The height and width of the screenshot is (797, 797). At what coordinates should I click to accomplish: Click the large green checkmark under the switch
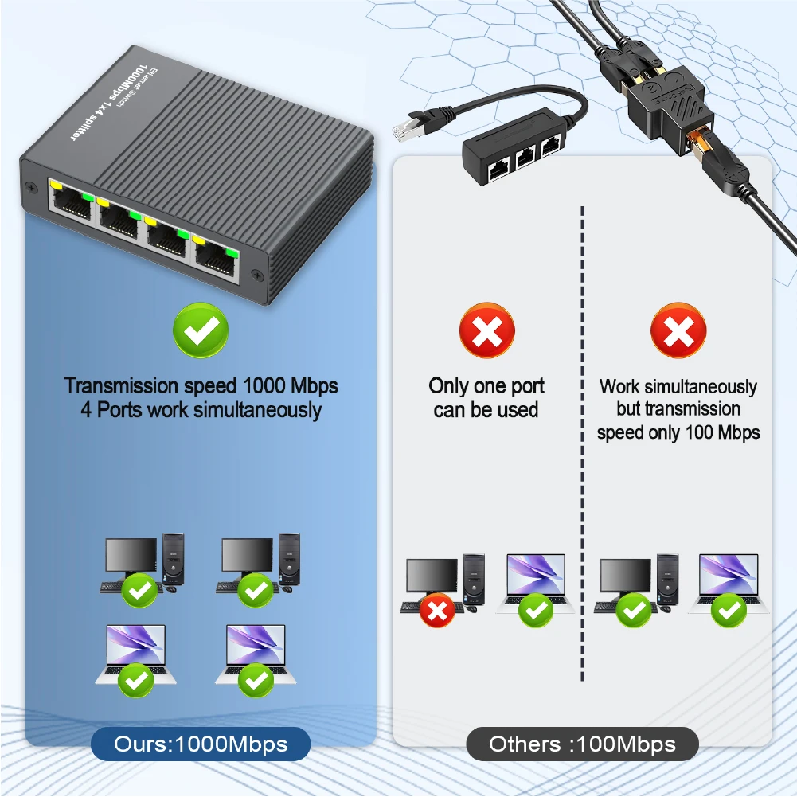[201, 330]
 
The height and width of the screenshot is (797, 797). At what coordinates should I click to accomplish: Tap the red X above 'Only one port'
[486, 330]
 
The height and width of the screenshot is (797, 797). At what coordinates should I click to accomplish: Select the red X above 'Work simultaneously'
[678, 330]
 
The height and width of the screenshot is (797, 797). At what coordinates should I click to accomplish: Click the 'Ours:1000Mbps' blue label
[200, 745]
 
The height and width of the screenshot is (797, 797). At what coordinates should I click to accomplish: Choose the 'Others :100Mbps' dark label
[582, 745]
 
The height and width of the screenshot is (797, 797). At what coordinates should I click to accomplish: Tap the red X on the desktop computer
[436, 611]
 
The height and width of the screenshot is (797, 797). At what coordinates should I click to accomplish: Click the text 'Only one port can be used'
[486, 398]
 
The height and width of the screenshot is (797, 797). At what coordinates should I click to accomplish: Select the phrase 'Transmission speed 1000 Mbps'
[201, 386]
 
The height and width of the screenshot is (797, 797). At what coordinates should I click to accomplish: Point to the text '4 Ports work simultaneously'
[201, 411]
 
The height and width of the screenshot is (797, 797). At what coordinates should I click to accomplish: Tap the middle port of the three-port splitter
[525, 158]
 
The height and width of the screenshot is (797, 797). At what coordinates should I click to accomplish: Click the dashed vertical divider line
[583, 446]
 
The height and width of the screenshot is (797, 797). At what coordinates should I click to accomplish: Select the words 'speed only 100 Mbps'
[678, 432]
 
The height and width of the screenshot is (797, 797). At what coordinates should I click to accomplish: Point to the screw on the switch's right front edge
[257, 275]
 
